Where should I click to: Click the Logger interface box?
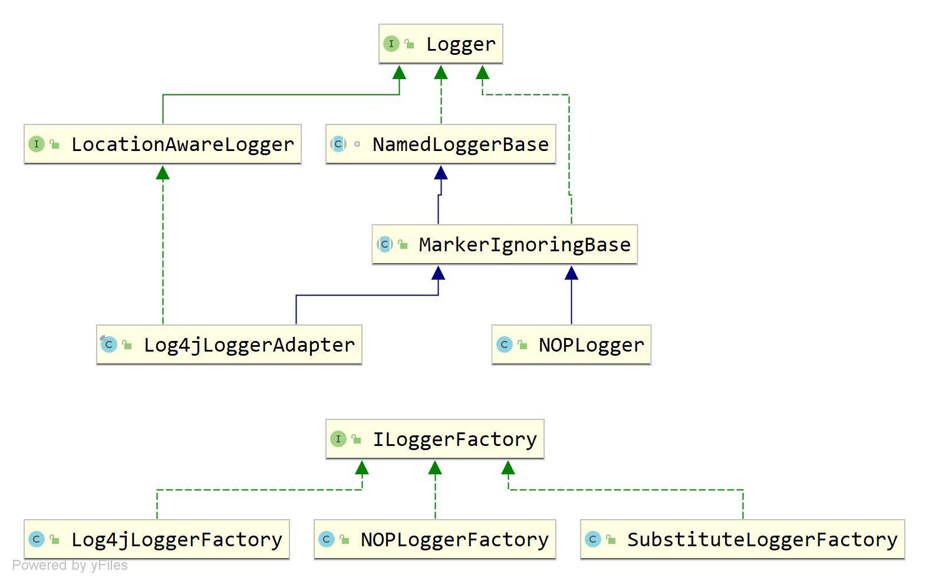[440, 44]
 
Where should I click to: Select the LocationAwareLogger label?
[183, 145]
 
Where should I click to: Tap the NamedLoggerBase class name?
[460, 145]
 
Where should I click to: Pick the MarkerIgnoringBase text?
[525, 245]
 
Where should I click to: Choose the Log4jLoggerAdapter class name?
[249, 345]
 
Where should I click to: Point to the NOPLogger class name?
[591, 345]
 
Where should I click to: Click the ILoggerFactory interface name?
[455, 439]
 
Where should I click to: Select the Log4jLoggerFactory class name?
[177, 540]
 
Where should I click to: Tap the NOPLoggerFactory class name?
[455, 540]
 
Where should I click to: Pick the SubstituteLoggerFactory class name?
[762, 540]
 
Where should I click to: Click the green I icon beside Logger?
[391, 44]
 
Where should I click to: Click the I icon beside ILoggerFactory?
[338, 439]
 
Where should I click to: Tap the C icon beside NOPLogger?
[505, 345]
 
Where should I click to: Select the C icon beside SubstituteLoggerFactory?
[593, 539]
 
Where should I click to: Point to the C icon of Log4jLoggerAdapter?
[108, 345]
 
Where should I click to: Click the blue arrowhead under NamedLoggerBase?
[441, 173]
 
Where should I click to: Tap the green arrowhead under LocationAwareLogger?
[163, 173]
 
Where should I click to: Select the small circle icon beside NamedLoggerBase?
[357, 144]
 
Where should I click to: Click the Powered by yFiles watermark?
[70, 565]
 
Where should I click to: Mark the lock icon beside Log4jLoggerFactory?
[55, 539]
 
